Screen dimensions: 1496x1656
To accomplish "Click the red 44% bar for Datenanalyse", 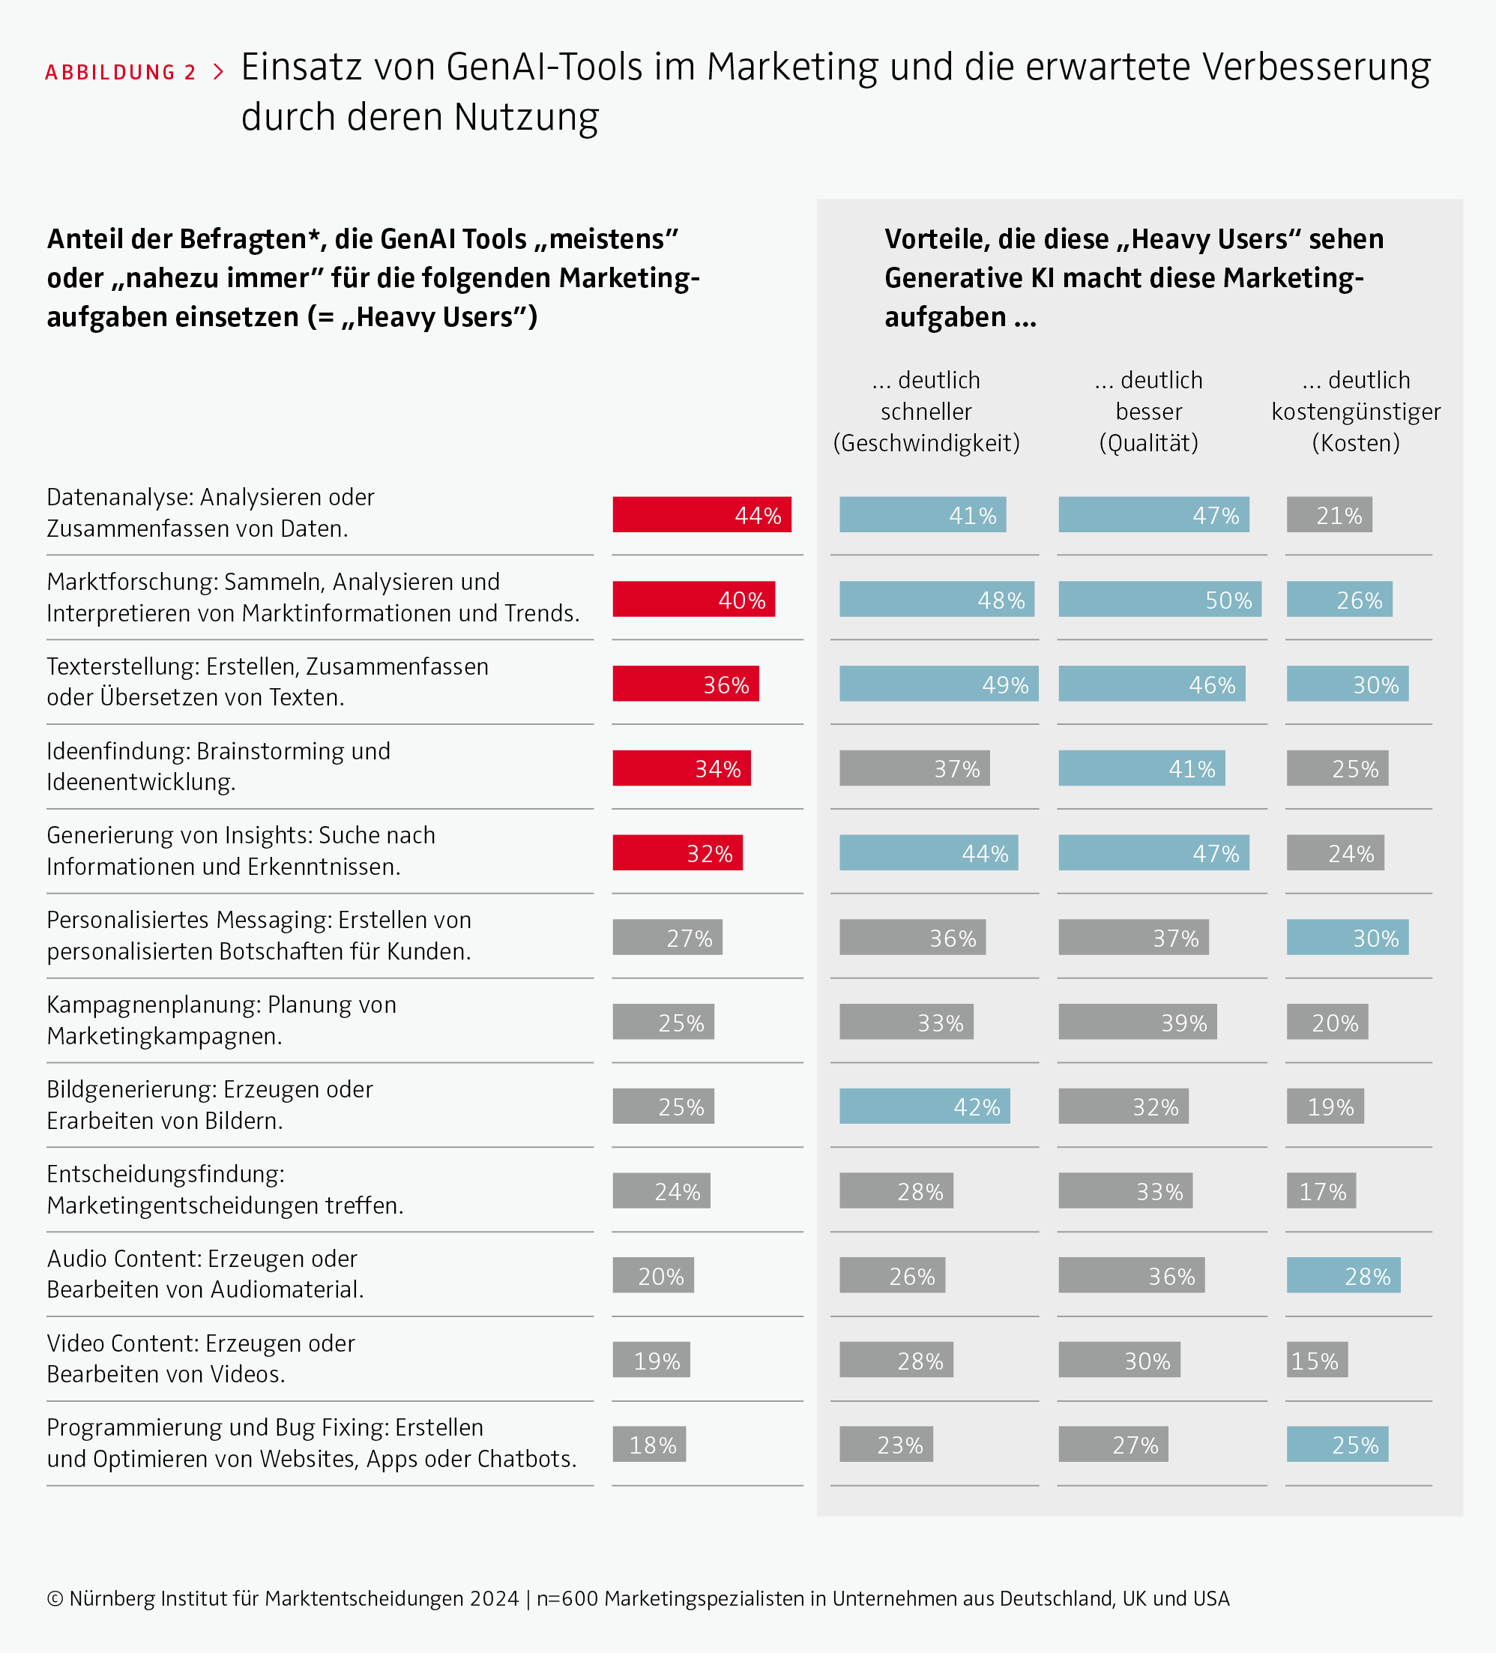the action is click(x=702, y=514).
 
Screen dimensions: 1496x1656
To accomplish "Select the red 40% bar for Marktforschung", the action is click(x=694, y=599).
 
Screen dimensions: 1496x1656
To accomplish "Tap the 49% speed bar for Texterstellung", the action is click(x=938, y=684).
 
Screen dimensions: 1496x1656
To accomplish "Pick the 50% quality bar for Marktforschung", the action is click(x=1159, y=599).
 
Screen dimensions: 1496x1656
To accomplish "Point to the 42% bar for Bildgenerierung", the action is click(x=925, y=1106).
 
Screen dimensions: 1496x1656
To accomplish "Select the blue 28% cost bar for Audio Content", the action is click(x=1343, y=1275).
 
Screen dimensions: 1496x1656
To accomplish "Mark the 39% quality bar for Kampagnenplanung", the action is click(x=1137, y=1021).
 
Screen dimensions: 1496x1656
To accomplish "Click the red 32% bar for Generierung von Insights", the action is click(x=678, y=852).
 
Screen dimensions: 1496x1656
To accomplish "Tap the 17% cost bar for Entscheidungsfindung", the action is click(x=1321, y=1190).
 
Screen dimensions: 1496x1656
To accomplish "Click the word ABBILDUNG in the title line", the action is click(x=110, y=72).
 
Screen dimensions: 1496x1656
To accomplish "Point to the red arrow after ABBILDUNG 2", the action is click(x=217, y=72).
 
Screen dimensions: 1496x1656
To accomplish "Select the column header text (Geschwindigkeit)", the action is click(x=926, y=443).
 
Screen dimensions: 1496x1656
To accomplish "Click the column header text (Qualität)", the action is click(x=1149, y=443).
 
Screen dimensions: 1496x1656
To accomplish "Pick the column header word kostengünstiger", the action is click(x=1356, y=412).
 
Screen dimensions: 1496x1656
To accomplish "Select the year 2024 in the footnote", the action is click(x=494, y=1598).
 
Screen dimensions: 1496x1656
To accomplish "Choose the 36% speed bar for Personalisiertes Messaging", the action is click(x=912, y=936).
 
